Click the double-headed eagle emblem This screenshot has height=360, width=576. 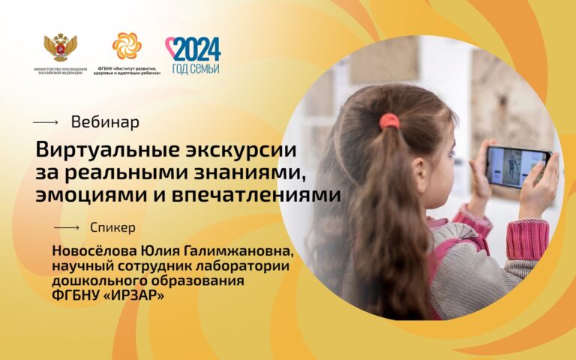tap(60, 47)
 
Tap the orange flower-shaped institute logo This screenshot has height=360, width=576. tap(127, 46)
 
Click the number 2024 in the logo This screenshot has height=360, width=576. tap(196, 49)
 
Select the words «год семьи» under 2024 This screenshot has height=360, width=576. tap(196, 68)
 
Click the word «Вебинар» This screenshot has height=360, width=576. tap(105, 122)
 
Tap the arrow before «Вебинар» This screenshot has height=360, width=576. tap(46, 122)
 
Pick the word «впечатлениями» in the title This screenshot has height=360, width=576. tap(256, 195)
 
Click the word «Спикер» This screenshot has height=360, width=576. tap(112, 228)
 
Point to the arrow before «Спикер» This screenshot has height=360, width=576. tap(67, 228)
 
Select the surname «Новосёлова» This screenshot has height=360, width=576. tap(94, 251)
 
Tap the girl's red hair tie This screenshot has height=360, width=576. tap(389, 121)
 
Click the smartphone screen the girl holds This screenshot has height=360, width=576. tap(515, 167)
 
